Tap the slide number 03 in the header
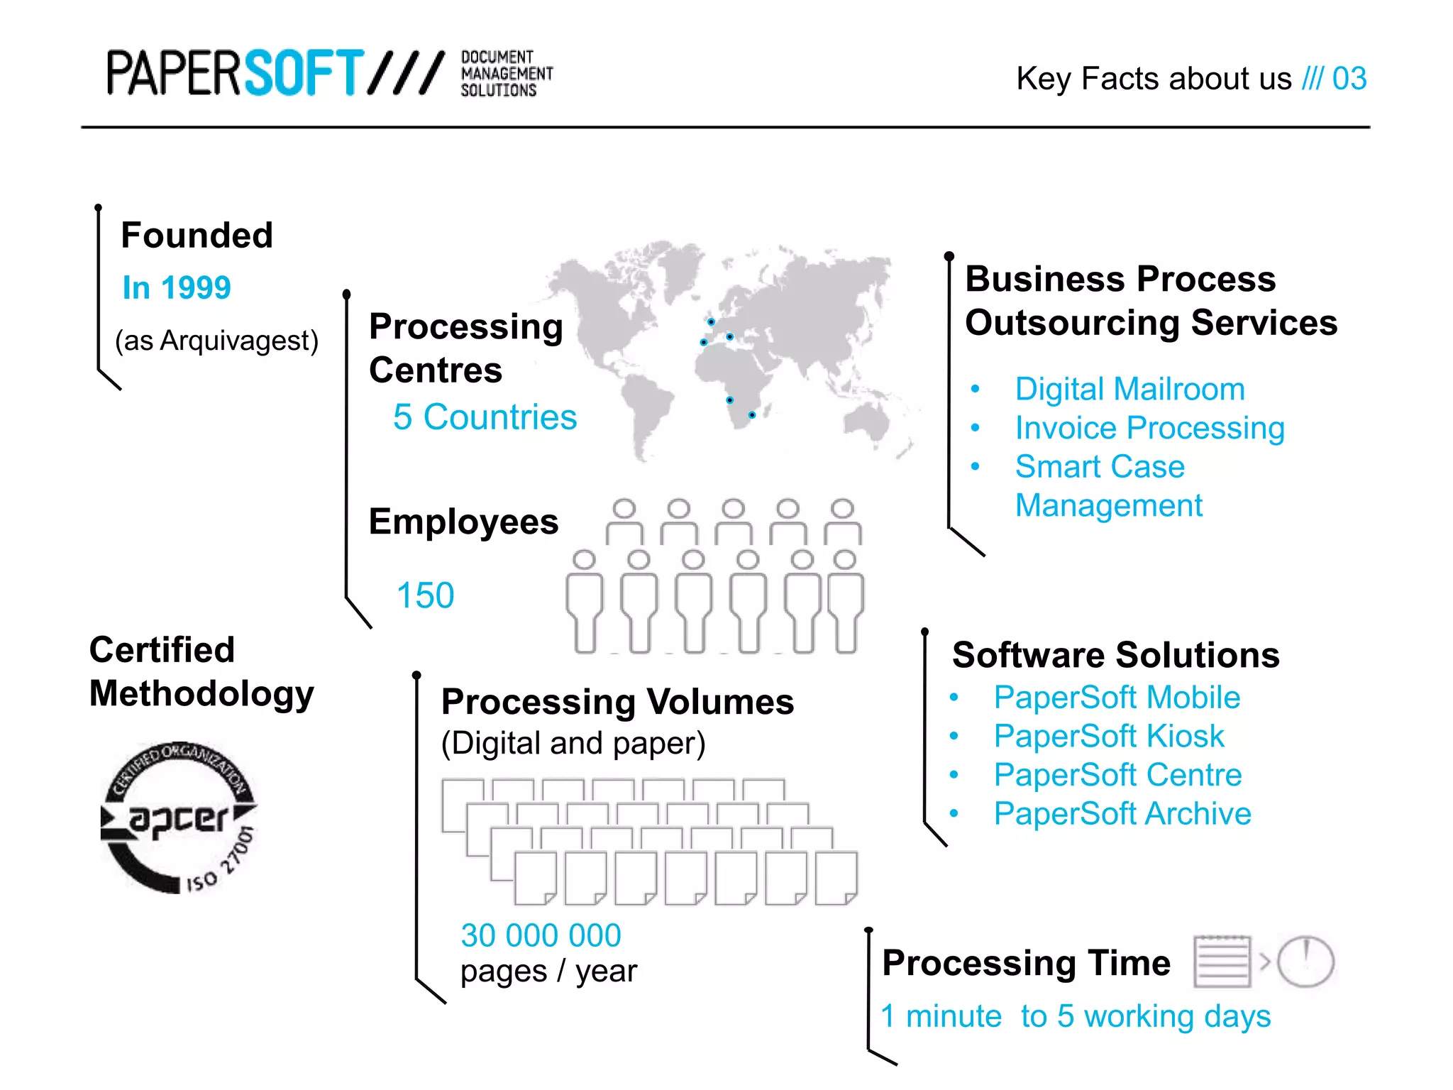1349,78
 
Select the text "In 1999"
177,287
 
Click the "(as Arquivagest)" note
216,341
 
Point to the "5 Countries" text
485,417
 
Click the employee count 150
425,595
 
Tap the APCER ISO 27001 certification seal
179,817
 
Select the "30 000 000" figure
541,935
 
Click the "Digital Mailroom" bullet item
1129,389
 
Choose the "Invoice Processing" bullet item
1149,428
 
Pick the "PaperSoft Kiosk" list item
1108,736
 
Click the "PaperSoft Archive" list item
1122,813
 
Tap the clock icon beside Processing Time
1305,962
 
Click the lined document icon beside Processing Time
1222,962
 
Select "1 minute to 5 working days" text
1075,1016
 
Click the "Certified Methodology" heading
201,671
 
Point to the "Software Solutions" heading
1115,654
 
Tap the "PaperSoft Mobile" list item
1117,697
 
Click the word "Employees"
463,522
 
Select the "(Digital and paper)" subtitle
573,743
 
